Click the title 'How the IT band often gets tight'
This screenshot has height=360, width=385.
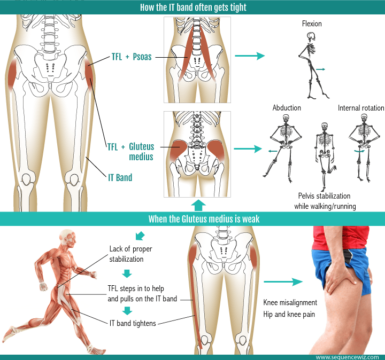[192, 7]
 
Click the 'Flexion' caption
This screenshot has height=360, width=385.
[311, 24]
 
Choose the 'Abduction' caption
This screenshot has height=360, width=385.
[287, 108]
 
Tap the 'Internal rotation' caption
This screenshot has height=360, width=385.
[360, 108]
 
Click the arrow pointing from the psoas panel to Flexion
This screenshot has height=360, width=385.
[250, 56]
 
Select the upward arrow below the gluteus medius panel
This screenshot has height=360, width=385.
[198, 205]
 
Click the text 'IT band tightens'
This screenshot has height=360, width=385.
[133, 323]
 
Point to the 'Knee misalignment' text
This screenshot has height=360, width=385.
[290, 303]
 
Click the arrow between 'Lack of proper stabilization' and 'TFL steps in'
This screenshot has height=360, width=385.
[126, 274]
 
